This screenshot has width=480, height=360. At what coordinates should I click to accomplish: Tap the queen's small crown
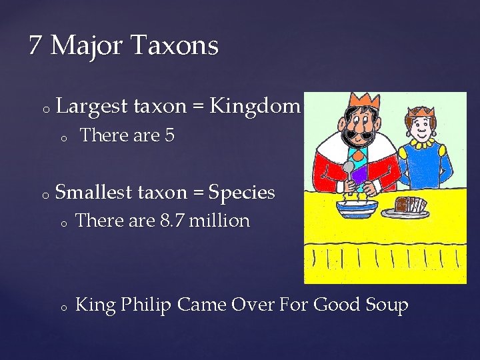point(420,113)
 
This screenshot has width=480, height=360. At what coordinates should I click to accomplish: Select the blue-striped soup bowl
point(357,207)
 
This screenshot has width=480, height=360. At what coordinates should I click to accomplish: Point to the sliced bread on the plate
point(409,205)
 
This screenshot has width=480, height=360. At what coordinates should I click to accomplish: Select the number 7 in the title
point(36,46)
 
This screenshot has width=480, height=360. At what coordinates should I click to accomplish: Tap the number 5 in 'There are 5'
point(169,135)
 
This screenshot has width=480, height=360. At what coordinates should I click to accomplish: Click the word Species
point(241,193)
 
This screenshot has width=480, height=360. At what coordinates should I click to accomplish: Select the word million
point(219,220)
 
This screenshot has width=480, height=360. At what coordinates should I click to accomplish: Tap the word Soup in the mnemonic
point(387,306)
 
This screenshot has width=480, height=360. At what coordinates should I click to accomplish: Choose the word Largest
point(93,106)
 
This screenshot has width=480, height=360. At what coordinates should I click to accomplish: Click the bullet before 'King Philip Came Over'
point(61,308)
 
